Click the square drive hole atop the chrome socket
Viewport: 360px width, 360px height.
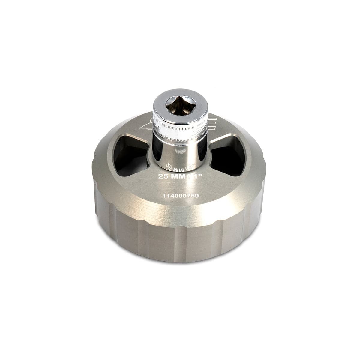pyautogui.click(x=180, y=105)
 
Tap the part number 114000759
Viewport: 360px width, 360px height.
pyautogui.click(x=181, y=196)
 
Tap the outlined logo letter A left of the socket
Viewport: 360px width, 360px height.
pyautogui.click(x=146, y=123)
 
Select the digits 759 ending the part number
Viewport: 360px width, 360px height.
pyautogui.click(x=193, y=196)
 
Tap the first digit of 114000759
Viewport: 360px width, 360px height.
pyautogui.click(x=164, y=196)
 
